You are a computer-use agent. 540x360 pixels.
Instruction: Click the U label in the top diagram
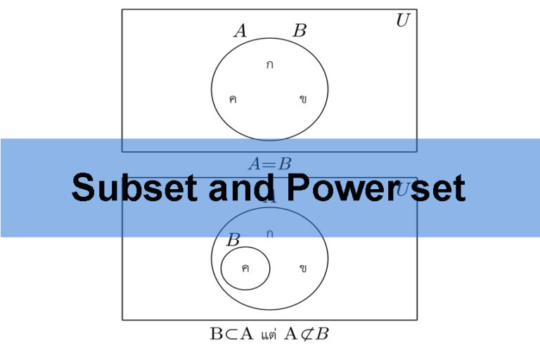402,20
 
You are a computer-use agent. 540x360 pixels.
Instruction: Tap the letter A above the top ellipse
240,31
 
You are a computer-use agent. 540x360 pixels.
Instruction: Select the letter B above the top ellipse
300,31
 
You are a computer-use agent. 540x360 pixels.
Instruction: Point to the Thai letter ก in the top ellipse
269,65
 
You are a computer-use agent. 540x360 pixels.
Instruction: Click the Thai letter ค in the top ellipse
233,99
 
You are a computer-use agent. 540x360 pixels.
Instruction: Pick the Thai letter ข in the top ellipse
303,99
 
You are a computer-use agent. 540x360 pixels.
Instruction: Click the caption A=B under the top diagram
269,165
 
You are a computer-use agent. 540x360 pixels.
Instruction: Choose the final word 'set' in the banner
437,188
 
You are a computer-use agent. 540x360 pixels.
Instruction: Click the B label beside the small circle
233,240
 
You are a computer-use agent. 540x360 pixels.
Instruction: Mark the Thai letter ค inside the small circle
245,268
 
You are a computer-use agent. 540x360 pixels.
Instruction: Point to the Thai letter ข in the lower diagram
303,268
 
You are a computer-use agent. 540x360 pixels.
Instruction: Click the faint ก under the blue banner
269,233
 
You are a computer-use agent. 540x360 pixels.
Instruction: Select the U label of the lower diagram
403,190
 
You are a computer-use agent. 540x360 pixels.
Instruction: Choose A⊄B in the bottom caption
307,334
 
